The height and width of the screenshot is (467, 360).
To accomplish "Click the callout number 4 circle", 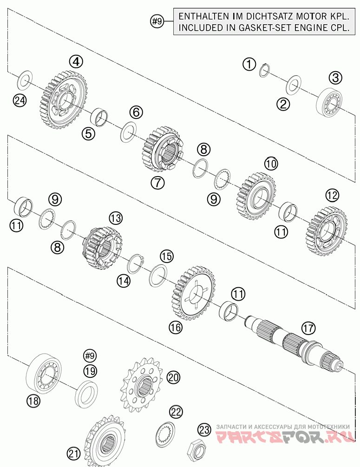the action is tap(76, 62).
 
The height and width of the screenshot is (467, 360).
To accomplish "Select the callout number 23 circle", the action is tap(204, 430).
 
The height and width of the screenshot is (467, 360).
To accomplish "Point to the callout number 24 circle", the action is tap(20, 100).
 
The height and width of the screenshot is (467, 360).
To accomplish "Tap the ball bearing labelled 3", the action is tap(329, 101).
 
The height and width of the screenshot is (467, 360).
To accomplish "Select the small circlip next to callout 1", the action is tap(264, 70).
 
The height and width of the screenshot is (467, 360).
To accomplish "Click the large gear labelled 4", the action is tap(63, 99).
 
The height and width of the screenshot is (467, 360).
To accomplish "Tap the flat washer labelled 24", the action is tap(25, 79).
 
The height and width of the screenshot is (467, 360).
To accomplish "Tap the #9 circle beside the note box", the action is tap(157, 21).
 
